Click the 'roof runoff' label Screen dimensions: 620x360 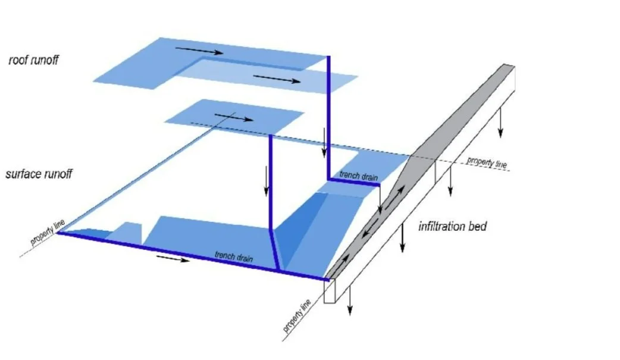point(33,60)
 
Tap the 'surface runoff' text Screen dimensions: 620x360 point(39,174)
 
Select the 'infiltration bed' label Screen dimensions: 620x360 point(452,227)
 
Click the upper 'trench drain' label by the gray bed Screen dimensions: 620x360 point(359,176)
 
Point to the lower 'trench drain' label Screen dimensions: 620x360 point(234,256)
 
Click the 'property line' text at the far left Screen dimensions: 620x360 point(48,233)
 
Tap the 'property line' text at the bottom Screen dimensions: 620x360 point(297,316)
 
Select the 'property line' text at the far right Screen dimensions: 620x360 point(487,162)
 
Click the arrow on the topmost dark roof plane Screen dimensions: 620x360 point(199,51)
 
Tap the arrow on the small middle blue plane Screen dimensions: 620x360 point(233,117)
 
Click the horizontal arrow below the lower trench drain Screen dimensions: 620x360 point(173,258)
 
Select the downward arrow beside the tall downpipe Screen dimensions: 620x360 point(325,143)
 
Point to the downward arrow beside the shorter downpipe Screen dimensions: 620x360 point(267,181)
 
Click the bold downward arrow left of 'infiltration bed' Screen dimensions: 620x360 point(402,237)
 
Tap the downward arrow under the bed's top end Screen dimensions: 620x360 point(500,123)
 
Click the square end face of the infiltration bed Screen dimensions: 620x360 point(330,291)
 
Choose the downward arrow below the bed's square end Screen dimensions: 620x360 point(349,300)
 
